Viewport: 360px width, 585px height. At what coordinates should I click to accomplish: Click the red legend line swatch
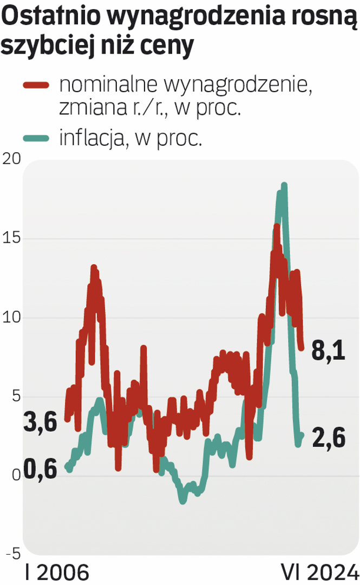point(36,85)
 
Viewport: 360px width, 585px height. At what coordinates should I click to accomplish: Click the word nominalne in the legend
point(106,84)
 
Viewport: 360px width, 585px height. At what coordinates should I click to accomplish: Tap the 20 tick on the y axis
point(12,159)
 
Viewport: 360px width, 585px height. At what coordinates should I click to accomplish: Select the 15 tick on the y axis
point(11,239)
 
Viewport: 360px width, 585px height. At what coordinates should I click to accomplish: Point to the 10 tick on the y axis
point(11,318)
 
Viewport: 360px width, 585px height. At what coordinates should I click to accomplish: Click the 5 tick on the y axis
point(16,397)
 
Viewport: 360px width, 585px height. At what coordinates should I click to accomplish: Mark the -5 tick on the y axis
point(13,554)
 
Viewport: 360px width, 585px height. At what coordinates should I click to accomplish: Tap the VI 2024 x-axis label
point(320,573)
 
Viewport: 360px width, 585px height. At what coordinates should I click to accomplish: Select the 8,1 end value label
point(329,353)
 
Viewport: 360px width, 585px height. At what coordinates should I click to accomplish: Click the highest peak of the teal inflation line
point(284,185)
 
